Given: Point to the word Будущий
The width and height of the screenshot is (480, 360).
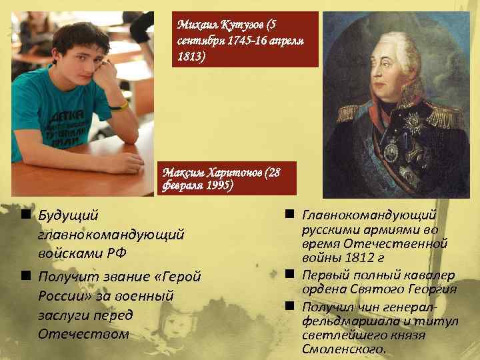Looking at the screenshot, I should pyautogui.click(x=68, y=215).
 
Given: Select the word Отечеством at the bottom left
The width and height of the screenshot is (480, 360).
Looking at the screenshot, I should pyautogui.click(x=83, y=333).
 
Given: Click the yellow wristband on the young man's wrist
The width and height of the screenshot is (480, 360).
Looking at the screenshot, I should pyautogui.click(x=123, y=105).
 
